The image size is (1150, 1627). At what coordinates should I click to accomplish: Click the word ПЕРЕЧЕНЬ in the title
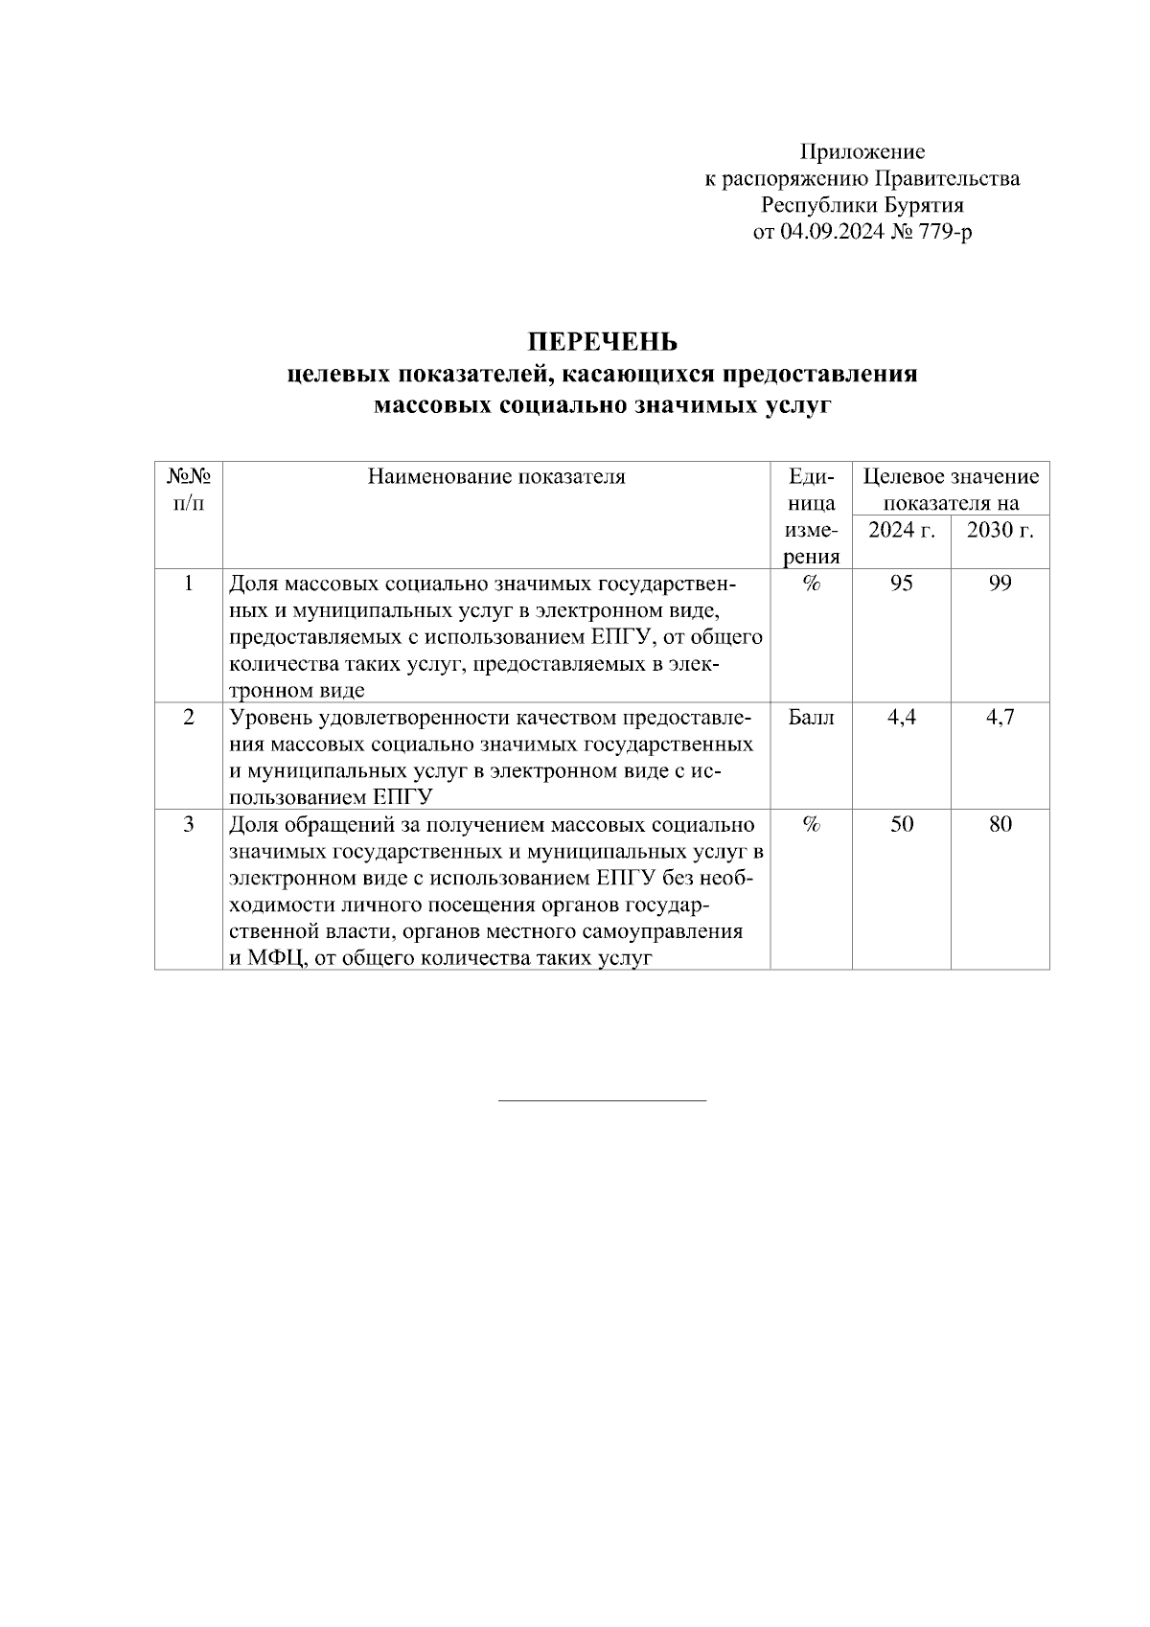(x=602, y=342)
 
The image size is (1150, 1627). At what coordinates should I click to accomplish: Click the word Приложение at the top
(x=862, y=151)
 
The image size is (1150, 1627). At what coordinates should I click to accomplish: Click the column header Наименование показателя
(x=496, y=477)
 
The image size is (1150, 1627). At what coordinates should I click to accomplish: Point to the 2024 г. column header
(x=901, y=530)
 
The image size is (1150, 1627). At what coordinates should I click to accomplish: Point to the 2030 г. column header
(x=1000, y=530)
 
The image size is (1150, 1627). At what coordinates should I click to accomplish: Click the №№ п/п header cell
(x=189, y=489)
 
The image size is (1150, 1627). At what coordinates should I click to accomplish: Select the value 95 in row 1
(x=901, y=584)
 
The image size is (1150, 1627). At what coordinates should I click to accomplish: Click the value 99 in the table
(x=1000, y=584)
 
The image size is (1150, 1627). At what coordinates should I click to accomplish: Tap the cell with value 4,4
(x=901, y=718)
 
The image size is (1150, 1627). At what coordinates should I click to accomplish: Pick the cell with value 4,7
(x=1000, y=718)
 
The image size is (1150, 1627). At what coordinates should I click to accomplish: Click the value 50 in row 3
(x=901, y=824)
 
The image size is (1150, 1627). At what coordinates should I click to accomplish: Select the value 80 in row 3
(x=1000, y=824)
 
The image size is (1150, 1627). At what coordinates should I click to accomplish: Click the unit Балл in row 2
(x=811, y=718)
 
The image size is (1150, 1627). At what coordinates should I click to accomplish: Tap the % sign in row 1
(x=811, y=584)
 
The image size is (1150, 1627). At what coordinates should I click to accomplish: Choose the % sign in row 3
(x=811, y=824)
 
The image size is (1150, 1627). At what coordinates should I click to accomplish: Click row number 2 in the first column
(x=189, y=718)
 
